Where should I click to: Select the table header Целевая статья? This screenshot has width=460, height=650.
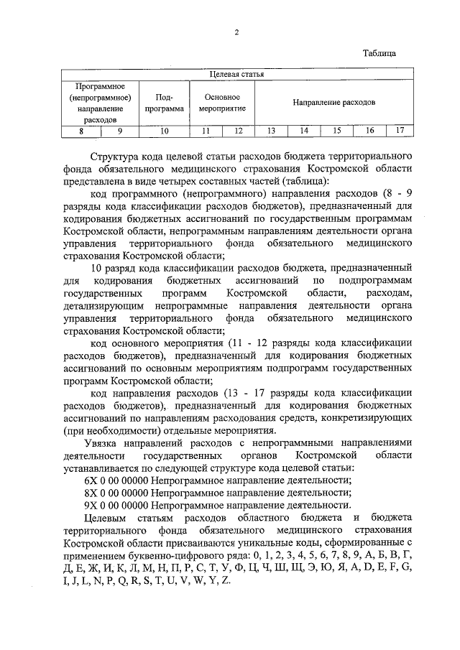tap(236, 74)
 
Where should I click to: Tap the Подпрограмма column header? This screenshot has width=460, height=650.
tap(165, 103)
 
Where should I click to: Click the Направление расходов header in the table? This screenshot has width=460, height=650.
tap(333, 103)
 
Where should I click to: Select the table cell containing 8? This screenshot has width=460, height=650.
tap(81, 131)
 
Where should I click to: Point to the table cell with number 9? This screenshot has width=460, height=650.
tap(120, 131)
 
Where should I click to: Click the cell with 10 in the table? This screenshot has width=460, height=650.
tap(165, 131)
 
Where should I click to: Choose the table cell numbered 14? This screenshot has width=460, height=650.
tap(304, 131)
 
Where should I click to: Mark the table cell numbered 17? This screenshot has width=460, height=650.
tap(400, 131)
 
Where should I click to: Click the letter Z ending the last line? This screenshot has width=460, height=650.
tap(227, 579)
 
